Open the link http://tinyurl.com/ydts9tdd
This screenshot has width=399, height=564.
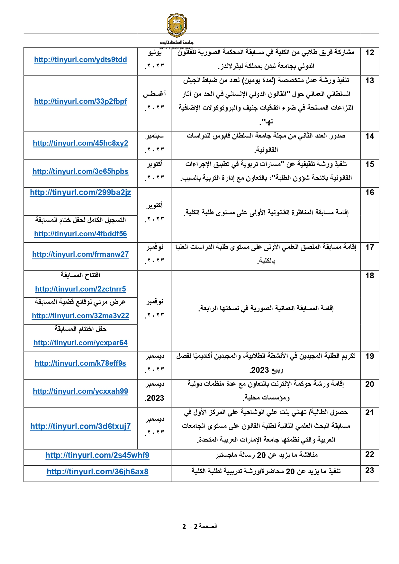80,60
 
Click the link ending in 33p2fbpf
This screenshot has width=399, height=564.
80,102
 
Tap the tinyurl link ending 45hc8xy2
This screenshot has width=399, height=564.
80,143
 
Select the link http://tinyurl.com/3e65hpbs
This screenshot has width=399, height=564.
80,172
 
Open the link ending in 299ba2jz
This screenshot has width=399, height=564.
80,192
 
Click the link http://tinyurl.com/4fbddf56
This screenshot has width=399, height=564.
80,234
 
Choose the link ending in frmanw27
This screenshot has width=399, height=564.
80,255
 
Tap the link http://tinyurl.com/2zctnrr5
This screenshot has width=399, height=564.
80,289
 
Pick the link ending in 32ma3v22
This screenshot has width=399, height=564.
80,316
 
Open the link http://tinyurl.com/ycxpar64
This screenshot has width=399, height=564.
80,343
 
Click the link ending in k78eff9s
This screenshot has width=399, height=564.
80,363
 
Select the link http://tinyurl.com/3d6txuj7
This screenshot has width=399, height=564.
80,426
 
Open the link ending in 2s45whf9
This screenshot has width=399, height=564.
97,455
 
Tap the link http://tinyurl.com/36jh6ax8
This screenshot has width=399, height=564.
97,472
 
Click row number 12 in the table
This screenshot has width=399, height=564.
370,53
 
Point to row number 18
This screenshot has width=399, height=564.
370,276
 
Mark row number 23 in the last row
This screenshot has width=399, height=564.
370,470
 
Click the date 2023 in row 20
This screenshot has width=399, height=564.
155,398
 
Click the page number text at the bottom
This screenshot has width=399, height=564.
199,526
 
